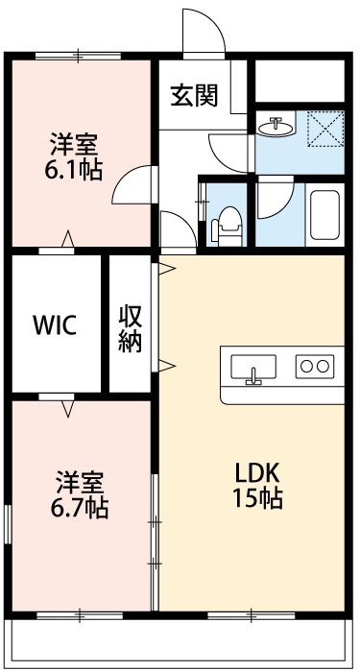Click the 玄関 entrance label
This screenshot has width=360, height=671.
[194, 96]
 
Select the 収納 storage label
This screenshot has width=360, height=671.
[131, 328]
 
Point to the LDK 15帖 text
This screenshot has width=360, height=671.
[257, 486]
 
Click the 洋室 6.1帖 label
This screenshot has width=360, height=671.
[74, 158]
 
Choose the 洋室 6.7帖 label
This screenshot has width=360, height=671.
[81, 494]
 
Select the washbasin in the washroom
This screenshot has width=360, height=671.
[277, 126]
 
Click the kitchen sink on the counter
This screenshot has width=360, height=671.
[253, 368]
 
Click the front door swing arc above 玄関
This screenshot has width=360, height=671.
[204, 34]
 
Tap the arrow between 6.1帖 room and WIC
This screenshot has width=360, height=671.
[67, 239]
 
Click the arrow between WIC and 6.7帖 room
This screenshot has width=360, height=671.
[67, 409]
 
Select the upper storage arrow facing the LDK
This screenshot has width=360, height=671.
[166, 267]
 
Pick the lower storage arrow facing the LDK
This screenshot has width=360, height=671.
[166, 365]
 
